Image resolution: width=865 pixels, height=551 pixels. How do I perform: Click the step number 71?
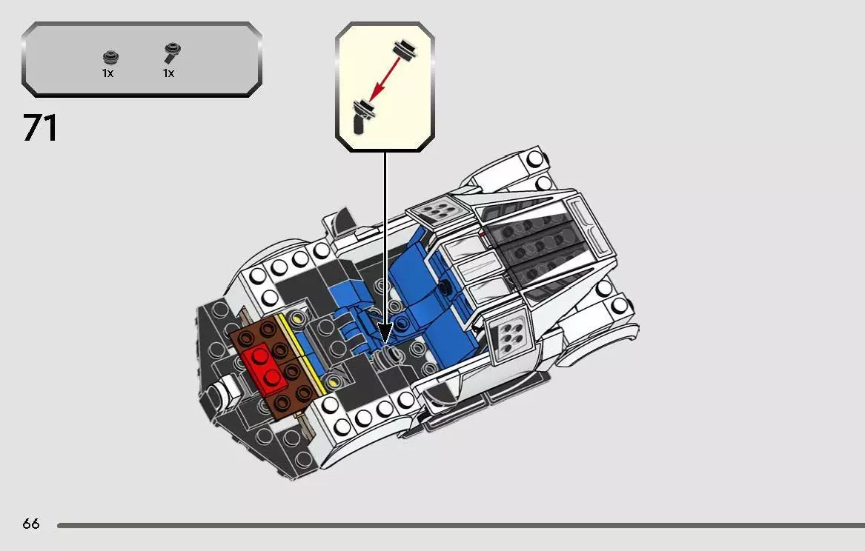tap(40, 128)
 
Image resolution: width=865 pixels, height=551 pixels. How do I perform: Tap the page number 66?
tap(30, 524)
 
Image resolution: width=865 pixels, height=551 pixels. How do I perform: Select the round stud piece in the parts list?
tap(110, 57)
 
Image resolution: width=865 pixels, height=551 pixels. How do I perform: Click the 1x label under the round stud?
tap(108, 73)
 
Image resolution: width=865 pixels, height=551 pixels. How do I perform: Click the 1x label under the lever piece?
tap(169, 73)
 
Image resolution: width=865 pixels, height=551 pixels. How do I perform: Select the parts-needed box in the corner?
tap(142, 59)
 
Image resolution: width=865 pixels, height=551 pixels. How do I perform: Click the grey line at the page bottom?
tap(460, 525)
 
